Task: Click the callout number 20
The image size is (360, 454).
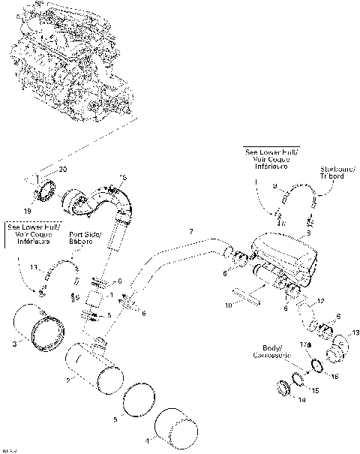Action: point(63,170)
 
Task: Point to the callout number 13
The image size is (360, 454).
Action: point(355,332)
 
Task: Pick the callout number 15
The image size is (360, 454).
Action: point(314,391)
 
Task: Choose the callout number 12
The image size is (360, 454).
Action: point(319,301)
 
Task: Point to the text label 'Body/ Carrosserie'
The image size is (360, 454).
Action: point(281,352)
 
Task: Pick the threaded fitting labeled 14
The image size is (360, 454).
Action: point(285,388)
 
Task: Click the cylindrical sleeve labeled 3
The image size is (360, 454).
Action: point(37,336)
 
